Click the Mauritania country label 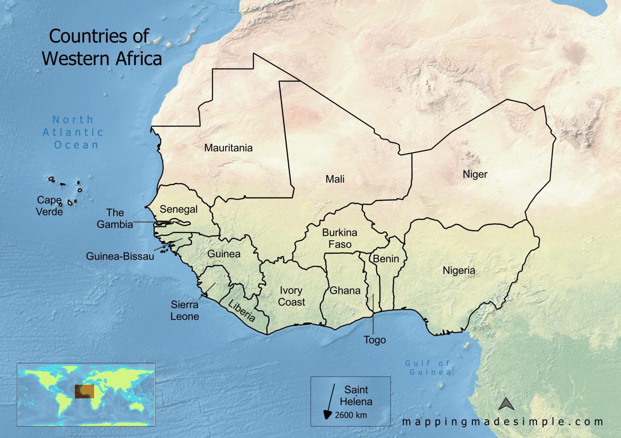click(228, 148)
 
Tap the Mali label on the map click(335, 179)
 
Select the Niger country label click(475, 174)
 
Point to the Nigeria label click(458, 271)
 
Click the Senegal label click(178, 209)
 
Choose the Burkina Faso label click(340, 239)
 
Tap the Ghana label click(345, 290)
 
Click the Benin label click(386, 259)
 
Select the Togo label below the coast click(374, 340)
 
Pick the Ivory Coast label click(291, 296)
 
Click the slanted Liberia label click(242, 311)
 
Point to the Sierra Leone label click(184, 311)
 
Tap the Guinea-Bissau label click(120, 256)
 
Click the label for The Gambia click(115, 218)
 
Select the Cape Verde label click(49, 206)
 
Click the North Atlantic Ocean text click(73, 132)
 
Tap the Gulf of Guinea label click(429, 368)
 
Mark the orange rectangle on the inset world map click(84, 391)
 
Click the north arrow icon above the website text click(506, 404)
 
